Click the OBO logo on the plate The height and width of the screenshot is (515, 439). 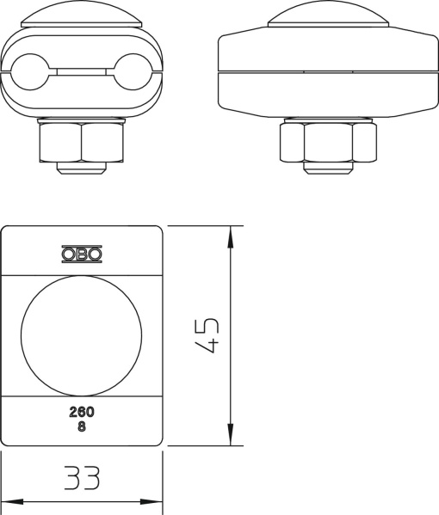pos(82,254)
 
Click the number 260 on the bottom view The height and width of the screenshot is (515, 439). pos(82,412)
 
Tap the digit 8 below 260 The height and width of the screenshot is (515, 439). pos(82,426)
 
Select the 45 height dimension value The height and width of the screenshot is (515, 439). pos(207,335)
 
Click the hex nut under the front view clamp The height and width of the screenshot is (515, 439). pos(83,141)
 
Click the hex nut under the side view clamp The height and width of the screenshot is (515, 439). pos(328,141)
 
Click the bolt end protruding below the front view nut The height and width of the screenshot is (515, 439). pos(83,167)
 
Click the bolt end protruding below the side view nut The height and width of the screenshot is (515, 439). pos(328,167)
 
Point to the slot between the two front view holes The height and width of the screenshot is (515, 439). pos(83,68)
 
